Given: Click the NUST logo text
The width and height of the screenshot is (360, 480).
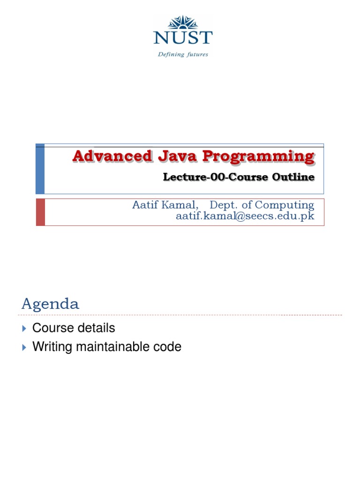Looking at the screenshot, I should click(183, 38).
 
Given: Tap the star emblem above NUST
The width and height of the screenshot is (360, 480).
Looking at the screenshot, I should click(183, 22).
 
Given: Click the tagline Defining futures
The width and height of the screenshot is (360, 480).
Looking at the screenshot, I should click(183, 54).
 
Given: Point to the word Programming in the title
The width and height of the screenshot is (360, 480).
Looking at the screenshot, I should click(258, 156).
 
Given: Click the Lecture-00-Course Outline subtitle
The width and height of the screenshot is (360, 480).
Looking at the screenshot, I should click(238, 177).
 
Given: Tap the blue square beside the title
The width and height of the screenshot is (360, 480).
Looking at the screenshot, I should click(40, 169).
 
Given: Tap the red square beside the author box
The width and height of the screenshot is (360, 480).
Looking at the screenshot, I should click(40, 212).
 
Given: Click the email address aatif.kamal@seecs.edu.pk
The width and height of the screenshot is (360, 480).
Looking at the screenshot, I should click(245, 216).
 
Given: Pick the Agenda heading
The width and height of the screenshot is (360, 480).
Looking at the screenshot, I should click(50, 304).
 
